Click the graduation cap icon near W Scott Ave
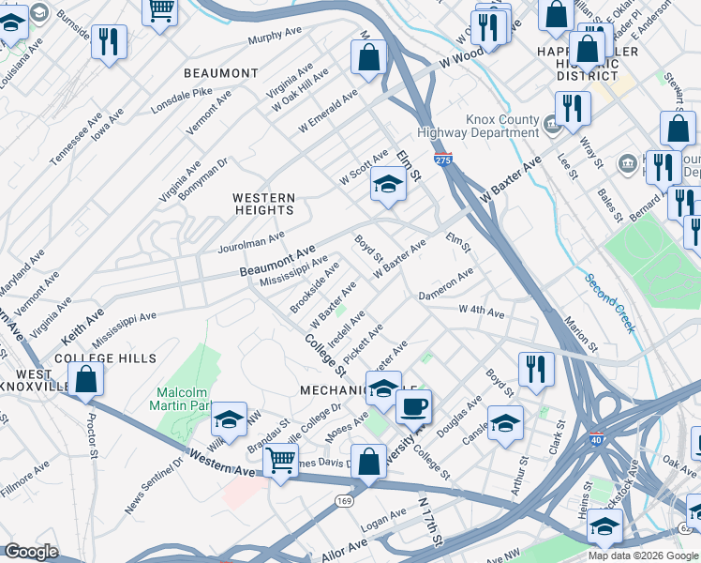tap(387, 184)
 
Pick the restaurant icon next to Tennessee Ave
tap(110, 41)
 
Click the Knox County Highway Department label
tap(489, 127)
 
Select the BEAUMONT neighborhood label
tap(220, 73)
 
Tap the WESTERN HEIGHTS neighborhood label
tap(263, 205)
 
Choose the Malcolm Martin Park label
tap(185, 399)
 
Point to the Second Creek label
tap(610, 303)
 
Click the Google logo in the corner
tap(32, 553)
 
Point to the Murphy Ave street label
tap(277, 39)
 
